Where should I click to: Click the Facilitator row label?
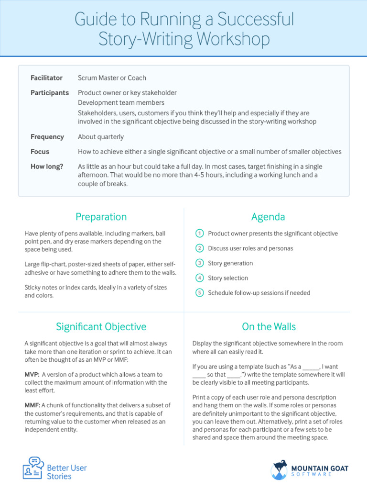click(46, 78)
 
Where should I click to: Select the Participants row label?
click(50, 93)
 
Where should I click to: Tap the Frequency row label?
click(47, 137)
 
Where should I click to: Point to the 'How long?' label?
click(46, 167)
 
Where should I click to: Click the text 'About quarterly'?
click(101, 137)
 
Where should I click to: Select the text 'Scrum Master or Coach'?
click(112, 78)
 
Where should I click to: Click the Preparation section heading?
click(101, 217)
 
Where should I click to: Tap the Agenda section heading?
click(268, 217)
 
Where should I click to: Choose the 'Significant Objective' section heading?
click(101, 327)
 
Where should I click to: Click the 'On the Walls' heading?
click(269, 327)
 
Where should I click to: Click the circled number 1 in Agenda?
click(200, 234)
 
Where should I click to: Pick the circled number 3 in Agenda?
click(200, 263)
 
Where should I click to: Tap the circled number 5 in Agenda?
click(200, 293)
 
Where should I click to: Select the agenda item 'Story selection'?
click(228, 278)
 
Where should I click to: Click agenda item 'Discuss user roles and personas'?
click(250, 248)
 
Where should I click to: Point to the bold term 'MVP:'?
click(32, 375)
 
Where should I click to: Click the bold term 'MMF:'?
click(32, 406)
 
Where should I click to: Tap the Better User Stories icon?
click(33, 468)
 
